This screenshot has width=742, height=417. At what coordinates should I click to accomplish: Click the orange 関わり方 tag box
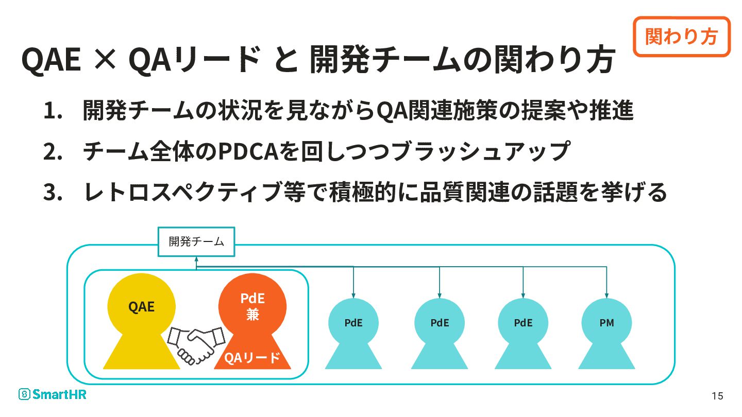click(x=681, y=37)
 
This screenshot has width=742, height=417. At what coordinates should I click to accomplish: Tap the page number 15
click(x=717, y=396)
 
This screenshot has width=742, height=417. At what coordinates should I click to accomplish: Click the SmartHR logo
click(x=53, y=394)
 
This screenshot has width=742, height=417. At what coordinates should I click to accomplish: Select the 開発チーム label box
click(x=196, y=241)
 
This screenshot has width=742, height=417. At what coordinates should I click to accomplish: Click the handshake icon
click(x=197, y=343)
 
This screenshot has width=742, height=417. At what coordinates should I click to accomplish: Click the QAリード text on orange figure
click(x=252, y=357)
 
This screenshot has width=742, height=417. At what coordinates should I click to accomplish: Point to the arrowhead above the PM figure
click(x=606, y=296)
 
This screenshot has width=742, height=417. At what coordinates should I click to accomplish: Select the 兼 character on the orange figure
click(x=252, y=315)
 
